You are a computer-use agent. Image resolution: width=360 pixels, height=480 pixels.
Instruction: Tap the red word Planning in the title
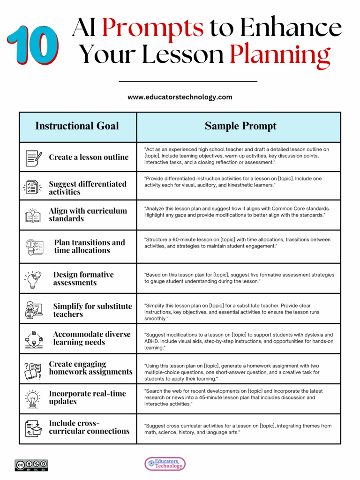point(280,55)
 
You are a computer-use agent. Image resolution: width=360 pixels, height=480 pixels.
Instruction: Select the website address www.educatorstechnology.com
point(180,97)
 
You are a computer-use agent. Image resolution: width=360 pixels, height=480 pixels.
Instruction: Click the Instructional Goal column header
point(77,126)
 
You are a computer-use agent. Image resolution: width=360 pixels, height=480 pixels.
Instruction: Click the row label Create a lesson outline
point(89,157)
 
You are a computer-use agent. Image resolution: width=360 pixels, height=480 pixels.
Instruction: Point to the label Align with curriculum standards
point(88,215)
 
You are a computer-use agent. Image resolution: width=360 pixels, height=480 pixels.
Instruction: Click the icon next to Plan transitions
point(34,247)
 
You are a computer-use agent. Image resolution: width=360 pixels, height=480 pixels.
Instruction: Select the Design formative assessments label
point(83,278)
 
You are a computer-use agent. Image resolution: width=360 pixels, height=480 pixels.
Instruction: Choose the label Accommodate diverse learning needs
point(92,338)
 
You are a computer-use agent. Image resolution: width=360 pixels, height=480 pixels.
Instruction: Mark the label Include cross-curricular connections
point(89,427)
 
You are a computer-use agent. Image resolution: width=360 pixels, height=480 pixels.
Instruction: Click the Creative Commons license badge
point(31,465)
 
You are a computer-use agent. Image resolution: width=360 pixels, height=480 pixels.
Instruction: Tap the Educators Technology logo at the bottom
point(165,464)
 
